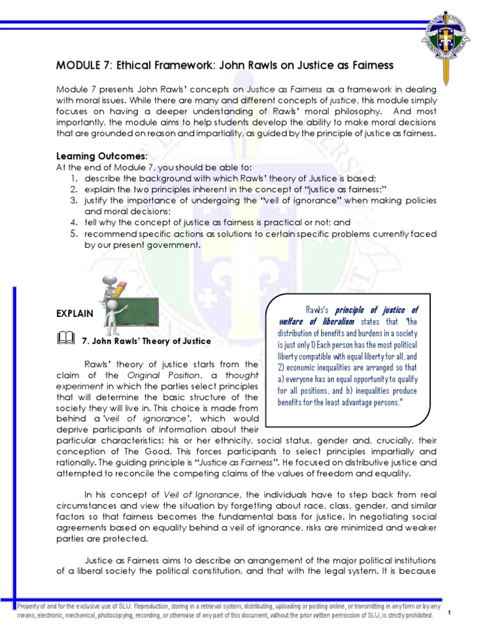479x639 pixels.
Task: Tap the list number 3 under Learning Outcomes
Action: coord(73,200)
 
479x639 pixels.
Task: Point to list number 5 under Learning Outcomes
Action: coord(73,233)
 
